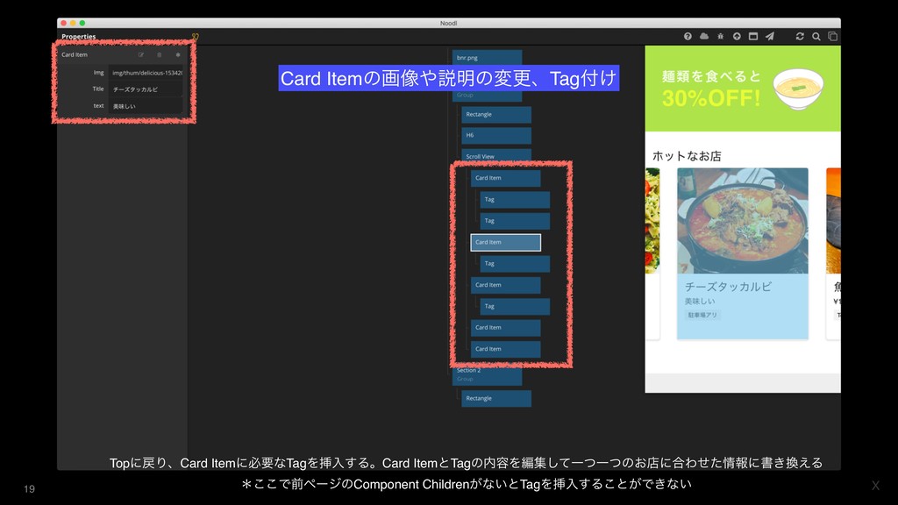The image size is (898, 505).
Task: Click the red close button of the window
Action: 62,23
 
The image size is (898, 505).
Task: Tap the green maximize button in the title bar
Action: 82,23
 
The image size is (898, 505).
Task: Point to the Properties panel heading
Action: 79,37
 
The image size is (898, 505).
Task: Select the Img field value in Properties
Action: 146,73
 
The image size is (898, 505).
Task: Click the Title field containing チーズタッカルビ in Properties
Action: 146,89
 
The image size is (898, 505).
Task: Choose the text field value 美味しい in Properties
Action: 146,106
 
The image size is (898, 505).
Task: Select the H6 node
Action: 495,136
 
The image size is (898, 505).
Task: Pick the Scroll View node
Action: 495,157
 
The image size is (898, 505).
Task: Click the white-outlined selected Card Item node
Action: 505,242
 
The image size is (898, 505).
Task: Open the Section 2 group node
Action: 487,373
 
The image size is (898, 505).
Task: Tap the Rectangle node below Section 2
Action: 495,398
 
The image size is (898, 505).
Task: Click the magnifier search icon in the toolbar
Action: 816,37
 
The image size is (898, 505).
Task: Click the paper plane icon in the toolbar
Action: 769,37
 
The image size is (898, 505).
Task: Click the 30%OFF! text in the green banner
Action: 711,97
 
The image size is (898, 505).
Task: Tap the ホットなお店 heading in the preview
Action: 686,156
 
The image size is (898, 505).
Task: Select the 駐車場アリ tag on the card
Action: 703,315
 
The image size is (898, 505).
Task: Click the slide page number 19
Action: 29,488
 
